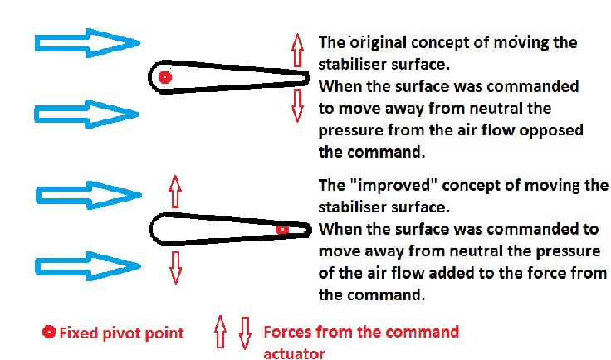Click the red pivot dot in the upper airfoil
tap(165, 77)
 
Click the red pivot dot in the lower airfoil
tap(281, 229)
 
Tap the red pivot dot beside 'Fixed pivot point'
tap(49, 332)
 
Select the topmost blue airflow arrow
tap(87, 43)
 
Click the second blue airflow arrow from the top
tap(87, 114)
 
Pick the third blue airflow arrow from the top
tap(89, 195)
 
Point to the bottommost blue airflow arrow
tap(88, 266)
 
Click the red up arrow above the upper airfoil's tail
tap(297, 50)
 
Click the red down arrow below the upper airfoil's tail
tap(297, 105)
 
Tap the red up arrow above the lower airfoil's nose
tap(175, 192)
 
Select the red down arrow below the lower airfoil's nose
tap(176, 268)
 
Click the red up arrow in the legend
tap(221, 332)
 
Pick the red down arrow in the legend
tap(245, 333)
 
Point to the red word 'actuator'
tap(294, 353)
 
